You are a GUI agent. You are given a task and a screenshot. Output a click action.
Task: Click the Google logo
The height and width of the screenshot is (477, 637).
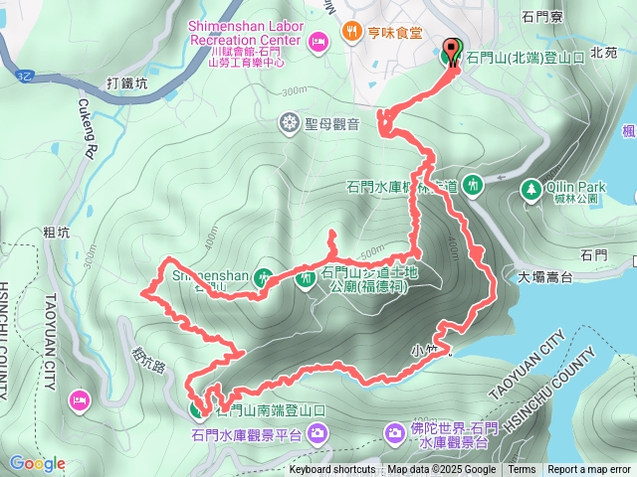pos(38,463)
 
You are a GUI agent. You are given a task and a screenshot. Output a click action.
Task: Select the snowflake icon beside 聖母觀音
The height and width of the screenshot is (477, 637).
pos(289,123)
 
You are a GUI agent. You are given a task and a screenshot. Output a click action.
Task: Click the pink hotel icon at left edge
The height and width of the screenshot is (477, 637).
pos(79,399)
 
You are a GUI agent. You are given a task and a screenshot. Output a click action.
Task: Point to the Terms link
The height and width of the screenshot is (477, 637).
pos(522,470)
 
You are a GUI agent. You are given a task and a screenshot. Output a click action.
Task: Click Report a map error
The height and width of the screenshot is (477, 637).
pos(590,470)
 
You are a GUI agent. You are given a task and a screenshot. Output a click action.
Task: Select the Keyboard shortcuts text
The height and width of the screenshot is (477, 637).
pos(332,470)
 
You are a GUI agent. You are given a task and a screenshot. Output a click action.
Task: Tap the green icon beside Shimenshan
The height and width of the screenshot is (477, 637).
pos(264,277)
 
